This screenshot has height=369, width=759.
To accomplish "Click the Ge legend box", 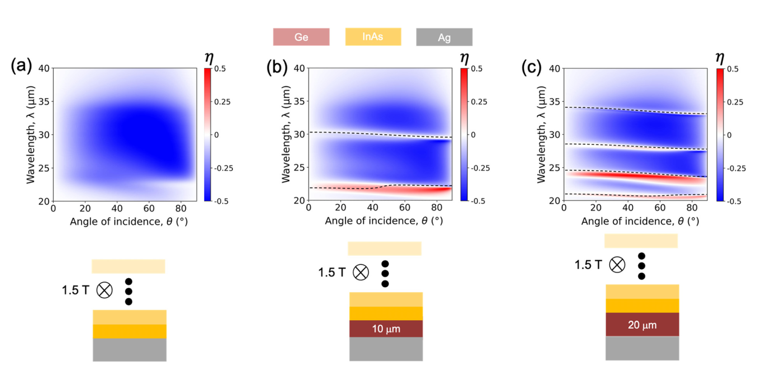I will point(301,37).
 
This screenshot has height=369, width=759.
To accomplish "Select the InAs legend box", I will point(373,36).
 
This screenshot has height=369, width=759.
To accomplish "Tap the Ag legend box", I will point(444,37).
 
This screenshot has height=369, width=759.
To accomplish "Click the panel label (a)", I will point(21,66).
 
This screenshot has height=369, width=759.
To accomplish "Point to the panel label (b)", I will point(277,67).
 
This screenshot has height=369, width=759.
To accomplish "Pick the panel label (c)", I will point(531,67).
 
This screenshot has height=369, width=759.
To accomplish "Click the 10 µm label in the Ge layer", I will point(386,329).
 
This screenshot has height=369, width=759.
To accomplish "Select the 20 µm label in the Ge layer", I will point(642,325).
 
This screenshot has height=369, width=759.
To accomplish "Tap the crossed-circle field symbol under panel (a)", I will point(104,290).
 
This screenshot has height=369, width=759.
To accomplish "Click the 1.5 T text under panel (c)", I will point(588,265).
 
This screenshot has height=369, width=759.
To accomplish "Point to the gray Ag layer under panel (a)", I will point(130,350).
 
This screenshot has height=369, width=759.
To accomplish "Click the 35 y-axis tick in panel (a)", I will point(44,102).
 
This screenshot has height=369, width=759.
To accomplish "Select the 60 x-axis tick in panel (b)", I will point(405,207).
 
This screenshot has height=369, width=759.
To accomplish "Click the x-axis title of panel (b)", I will point(384,221).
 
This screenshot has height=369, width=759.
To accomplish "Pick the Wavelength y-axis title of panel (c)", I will point(541,134).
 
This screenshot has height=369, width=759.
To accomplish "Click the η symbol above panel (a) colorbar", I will point(208,58).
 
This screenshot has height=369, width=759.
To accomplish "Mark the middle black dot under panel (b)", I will point(385,274).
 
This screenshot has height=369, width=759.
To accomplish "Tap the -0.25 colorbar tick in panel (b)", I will point(480,168).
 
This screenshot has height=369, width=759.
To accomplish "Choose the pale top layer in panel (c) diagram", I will point(641,241).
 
